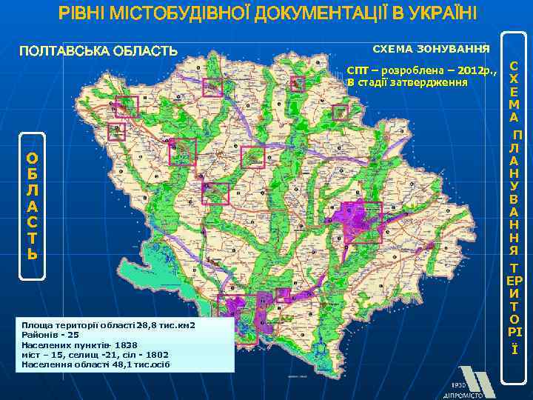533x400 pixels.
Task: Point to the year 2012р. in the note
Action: pos(476,70)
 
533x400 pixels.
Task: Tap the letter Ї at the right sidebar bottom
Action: pos(514,349)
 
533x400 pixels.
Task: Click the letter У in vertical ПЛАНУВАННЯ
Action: pos(514,185)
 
